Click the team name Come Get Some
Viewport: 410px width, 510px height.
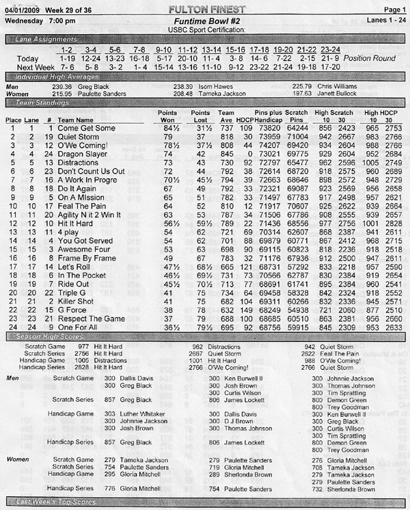point(85,128)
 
